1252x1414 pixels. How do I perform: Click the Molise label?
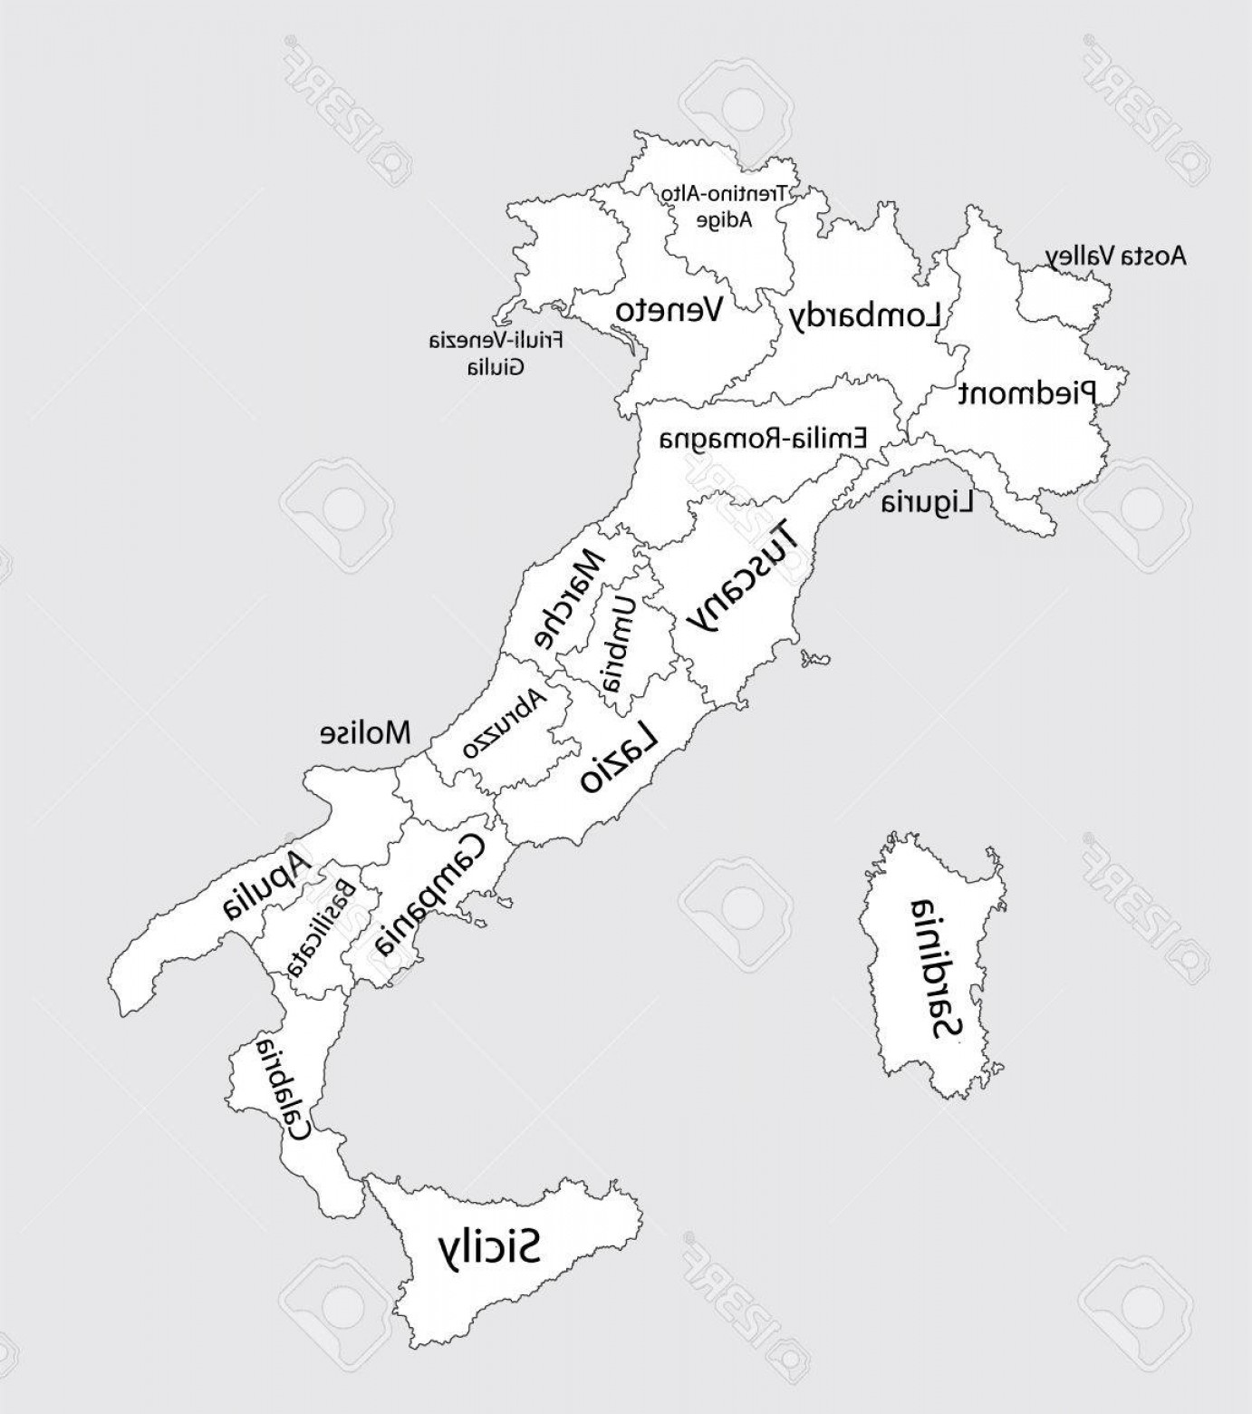(x=365, y=732)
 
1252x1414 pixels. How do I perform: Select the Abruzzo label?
(x=504, y=724)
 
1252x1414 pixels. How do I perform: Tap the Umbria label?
(x=620, y=643)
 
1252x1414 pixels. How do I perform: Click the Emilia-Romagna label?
(x=763, y=440)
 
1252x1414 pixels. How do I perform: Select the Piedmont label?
(x=1027, y=392)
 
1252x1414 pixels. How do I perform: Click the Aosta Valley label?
(x=1115, y=257)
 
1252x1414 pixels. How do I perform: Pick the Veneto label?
(x=669, y=311)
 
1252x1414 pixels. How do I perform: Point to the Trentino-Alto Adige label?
(x=725, y=206)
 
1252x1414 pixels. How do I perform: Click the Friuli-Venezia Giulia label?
(x=496, y=353)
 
